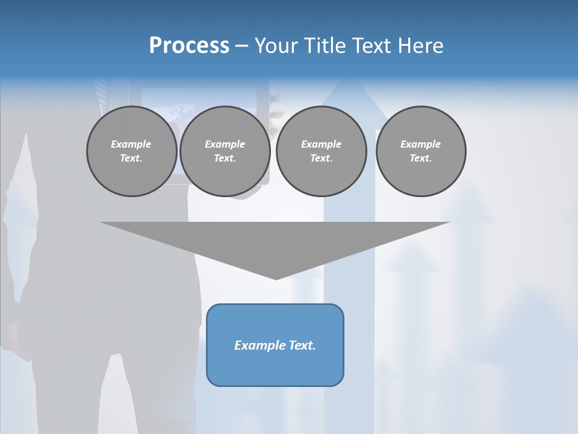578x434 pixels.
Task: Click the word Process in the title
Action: (x=189, y=46)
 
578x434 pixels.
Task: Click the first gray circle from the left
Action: (x=131, y=151)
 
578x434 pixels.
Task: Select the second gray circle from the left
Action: (x=225, y=151)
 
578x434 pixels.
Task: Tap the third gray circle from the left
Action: (x=321, y=151)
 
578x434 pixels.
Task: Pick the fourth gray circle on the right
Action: (x=421, y=151)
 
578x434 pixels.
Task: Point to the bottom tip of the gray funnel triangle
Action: (x=276, y=278)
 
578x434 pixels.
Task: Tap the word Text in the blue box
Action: (x=302, y=345)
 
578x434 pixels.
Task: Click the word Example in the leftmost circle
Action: (x=131, y=144)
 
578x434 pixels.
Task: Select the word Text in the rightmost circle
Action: (x=421, y=159)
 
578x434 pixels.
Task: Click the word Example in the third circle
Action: (x=321, y=144)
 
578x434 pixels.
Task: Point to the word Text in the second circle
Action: (x=225, y=159)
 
